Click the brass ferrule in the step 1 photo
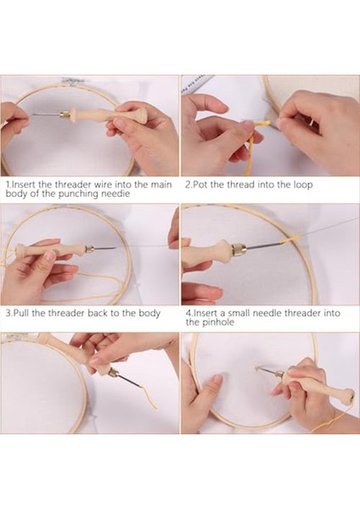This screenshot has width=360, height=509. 65,115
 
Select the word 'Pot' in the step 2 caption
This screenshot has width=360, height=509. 200,185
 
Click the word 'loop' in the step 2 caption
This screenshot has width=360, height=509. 303,185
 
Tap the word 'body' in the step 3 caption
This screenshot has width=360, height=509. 149,314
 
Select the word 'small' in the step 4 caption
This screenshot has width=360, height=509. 239,313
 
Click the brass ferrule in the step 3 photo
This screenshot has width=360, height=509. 89,249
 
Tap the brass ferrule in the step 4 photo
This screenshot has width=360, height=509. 239,249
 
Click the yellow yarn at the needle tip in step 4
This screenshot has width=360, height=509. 287,241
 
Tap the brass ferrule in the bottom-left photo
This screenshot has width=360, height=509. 114,372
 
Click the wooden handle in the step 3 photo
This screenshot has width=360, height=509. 50,250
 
